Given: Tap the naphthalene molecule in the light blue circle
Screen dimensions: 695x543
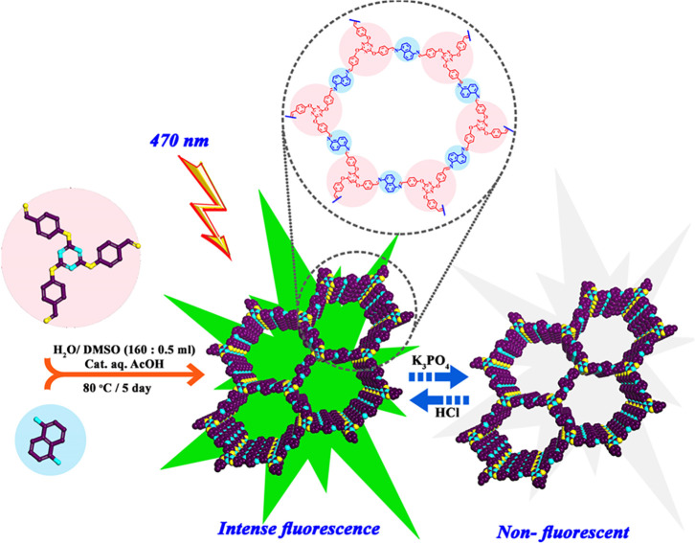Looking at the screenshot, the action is [53, 459].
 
